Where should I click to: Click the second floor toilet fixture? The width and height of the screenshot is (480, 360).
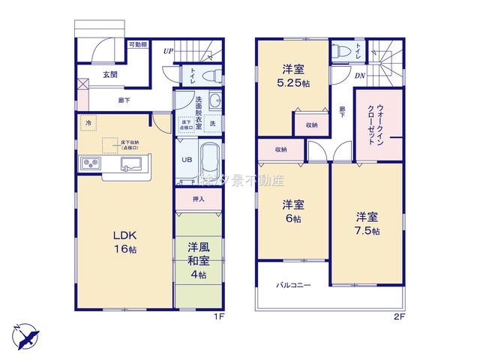point(341,51)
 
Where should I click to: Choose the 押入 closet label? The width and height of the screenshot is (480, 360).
point(199,199)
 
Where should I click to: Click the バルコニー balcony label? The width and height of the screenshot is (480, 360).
point(293,285)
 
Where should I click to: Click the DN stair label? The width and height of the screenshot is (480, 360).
point(360,75)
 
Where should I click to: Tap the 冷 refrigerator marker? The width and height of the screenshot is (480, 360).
point(88,123)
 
